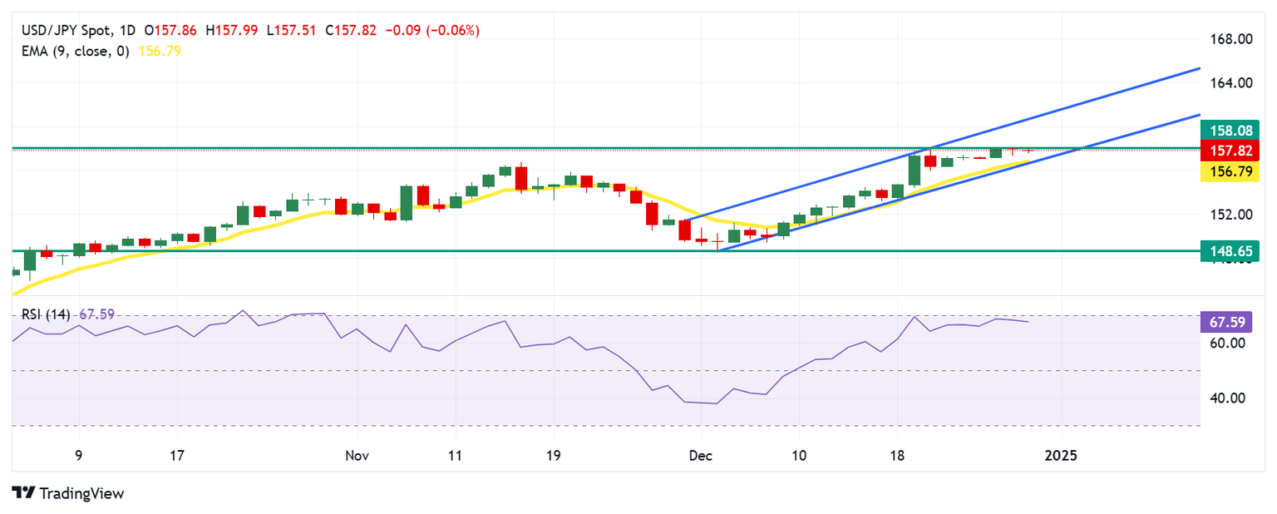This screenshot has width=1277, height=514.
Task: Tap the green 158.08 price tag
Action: [1230, 131]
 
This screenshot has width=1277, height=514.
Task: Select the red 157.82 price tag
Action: [1230, 151]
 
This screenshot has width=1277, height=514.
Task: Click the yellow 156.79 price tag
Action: [1230, 171]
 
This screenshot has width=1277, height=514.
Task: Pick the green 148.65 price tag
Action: [1230, 250]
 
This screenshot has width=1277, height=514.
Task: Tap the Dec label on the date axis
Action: [701, 456]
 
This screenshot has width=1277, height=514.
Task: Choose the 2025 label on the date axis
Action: [1061, 456]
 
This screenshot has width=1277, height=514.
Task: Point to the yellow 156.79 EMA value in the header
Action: [162, 51]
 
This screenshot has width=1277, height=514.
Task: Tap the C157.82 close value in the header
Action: [351, 31]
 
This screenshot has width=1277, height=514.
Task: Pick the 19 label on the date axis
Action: [553, 456]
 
